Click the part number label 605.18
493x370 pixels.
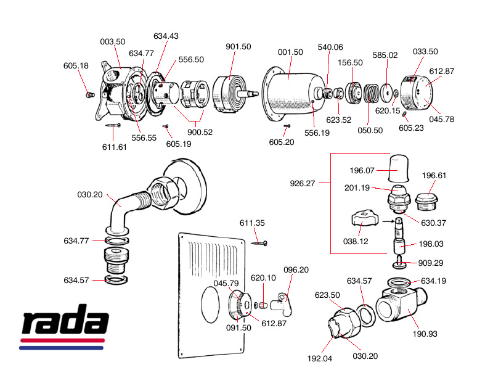(x=76, y=66)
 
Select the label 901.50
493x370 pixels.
(x=238, y=47)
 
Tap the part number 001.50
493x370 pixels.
(x=290, y=52)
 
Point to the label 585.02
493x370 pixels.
(x=385, y=55)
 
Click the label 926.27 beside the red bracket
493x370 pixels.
(x=303, y=183)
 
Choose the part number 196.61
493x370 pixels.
(x=434, y=175)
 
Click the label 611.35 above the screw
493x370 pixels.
(x=252, y=222)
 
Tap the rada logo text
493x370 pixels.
(x=65, y=323)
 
